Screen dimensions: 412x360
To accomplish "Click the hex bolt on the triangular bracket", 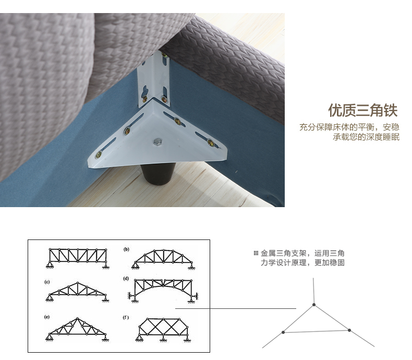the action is pos(157,142).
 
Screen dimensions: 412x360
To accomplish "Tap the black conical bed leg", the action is pos(158,174).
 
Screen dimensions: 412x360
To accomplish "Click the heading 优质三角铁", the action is pos(363,110).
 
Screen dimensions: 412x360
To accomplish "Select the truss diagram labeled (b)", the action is pos(163,259).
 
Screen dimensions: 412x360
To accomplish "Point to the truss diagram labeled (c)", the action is pos(77,292).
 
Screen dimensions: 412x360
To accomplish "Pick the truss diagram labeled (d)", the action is pos(163,291).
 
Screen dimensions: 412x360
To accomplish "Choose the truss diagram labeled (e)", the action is pos(77,329).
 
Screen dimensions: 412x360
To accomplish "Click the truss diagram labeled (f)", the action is pos(163,330).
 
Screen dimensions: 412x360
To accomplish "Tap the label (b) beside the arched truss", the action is pos(126,249).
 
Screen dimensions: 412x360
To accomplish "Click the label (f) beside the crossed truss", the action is pos(126,317).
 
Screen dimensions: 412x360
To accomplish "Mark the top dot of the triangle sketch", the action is pos(314,305).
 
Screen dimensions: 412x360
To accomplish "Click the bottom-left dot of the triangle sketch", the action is pos(283,332).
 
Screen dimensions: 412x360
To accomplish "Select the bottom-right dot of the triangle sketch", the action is pos(349,330).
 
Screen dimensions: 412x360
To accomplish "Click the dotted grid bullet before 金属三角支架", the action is pos(256,254).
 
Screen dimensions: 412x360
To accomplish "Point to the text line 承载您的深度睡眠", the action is pos(366,137).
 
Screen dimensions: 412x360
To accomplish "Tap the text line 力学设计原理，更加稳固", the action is pos(302,262).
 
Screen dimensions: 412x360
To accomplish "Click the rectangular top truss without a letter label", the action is pos(77,258).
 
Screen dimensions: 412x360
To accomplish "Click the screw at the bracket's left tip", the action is pos(99,155).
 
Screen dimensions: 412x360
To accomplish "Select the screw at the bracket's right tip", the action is pos(211,142).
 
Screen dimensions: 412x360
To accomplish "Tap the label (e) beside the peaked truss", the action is pos(47,317).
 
